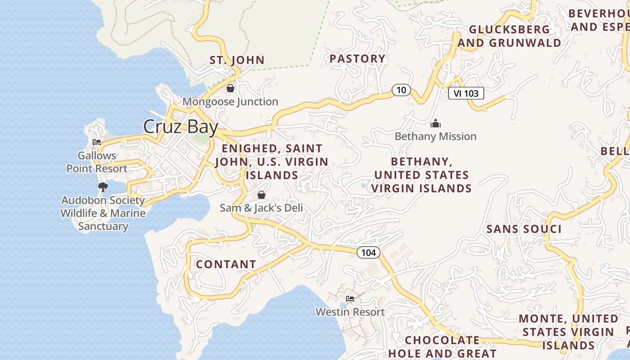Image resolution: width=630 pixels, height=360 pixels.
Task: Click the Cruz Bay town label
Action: [x=180, y=127]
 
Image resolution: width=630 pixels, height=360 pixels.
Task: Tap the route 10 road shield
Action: [x=401, y=90]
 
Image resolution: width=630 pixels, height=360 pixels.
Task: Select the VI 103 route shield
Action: [x=466, y=93]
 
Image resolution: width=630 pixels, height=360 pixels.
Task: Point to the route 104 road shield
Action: [x=369, y=252]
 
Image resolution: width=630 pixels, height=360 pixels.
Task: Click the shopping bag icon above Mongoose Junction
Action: [x=230, y=88]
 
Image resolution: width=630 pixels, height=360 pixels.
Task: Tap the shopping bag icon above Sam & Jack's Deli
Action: [x=261, y=195]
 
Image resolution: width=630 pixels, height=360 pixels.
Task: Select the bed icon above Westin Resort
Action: [x=350, y=299]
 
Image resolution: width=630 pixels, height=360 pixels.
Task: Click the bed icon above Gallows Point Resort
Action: [x=97, y=142]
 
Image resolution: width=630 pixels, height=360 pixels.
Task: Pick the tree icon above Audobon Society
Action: [x=103, y=187]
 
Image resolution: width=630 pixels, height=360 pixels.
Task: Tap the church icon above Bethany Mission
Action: [x=435, y=123]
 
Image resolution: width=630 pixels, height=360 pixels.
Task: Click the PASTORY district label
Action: [x=357, y=58]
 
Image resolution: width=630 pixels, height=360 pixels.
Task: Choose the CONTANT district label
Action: [x=226, y=264]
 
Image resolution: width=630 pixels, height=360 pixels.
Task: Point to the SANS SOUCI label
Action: [x=524, y=229]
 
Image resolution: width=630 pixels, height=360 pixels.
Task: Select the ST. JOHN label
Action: [x=237, y=60]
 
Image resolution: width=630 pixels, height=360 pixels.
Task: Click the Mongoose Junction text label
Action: [x=230, y=102]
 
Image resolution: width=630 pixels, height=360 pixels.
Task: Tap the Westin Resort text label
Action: [x=350, y=312]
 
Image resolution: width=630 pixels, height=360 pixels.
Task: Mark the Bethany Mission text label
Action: [x=435, y=136]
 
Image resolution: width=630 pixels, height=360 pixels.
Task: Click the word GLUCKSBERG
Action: [x=509, y=29]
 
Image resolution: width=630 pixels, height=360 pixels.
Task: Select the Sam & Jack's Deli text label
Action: [x=261, y=208]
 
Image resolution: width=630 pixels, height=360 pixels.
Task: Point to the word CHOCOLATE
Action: [x=442, y=340]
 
